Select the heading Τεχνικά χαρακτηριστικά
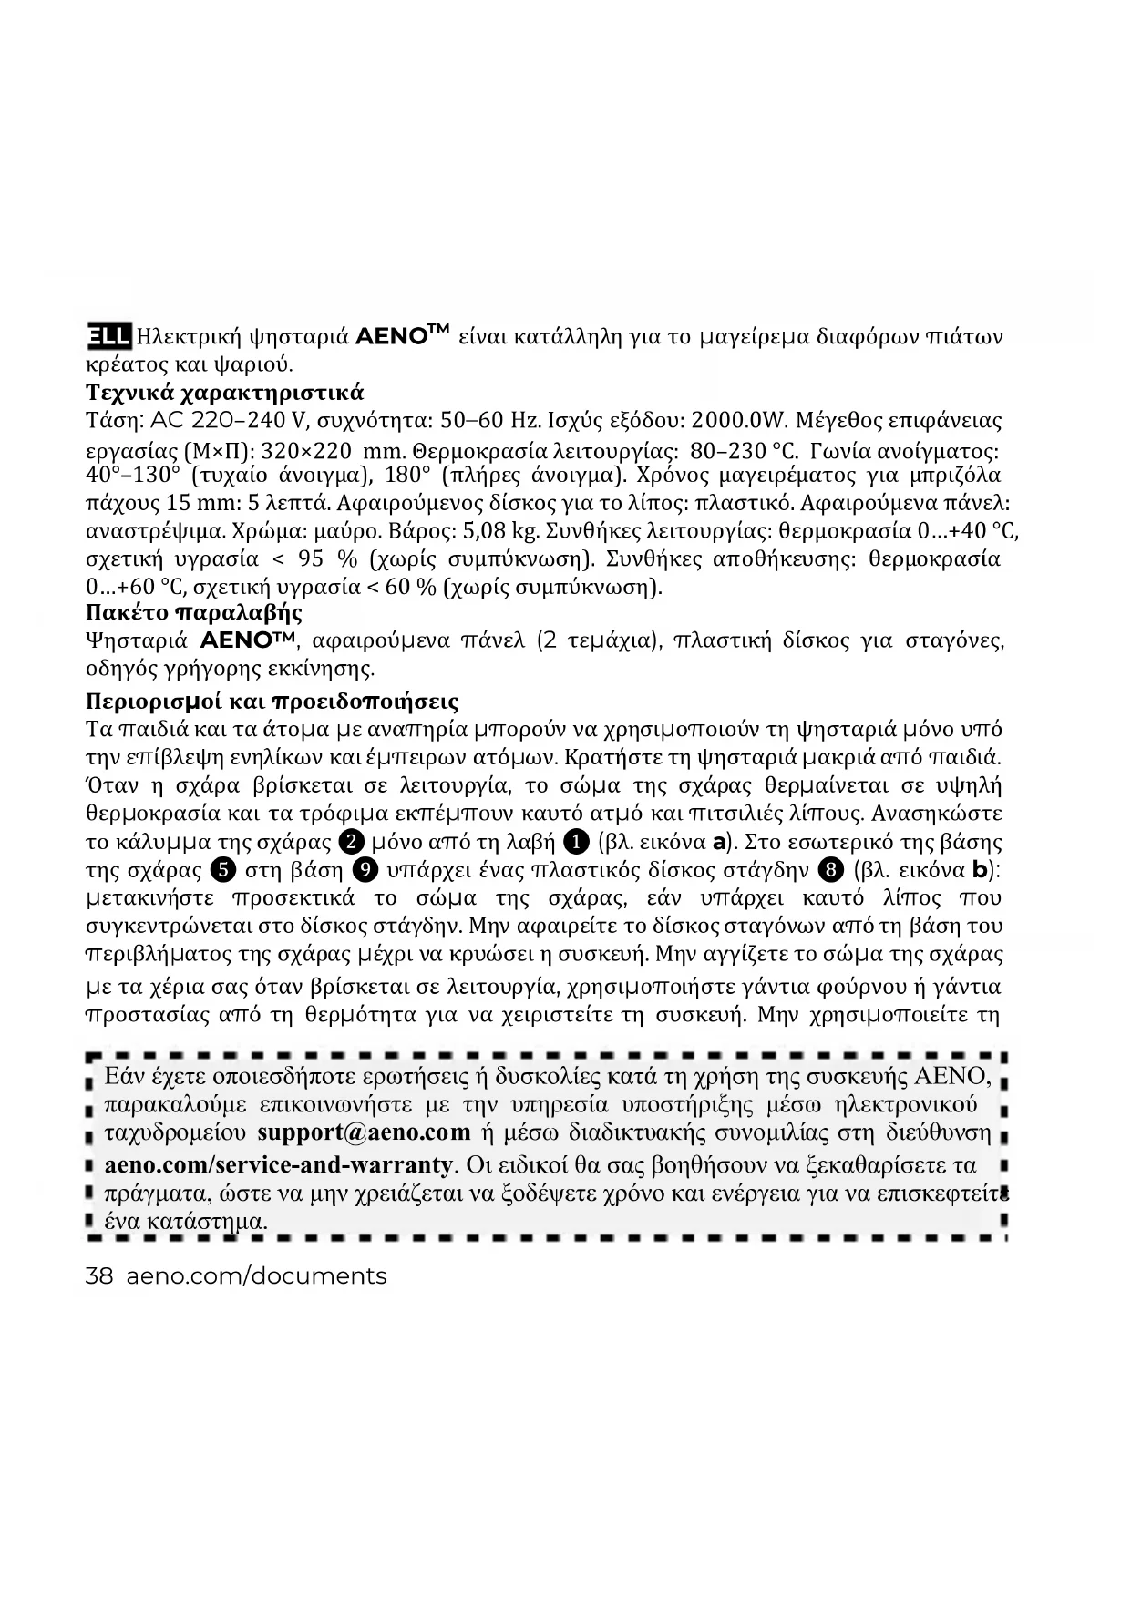click(224, 393)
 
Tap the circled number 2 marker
click(352, 841)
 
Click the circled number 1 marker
click(576, 841)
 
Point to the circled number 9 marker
click(364, 869)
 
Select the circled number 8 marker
click(828, 869)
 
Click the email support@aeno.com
click(365, 1133)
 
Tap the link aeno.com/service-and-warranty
click(278, 1165)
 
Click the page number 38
click(98, 1276)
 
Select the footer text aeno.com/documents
click(256, 1276)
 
